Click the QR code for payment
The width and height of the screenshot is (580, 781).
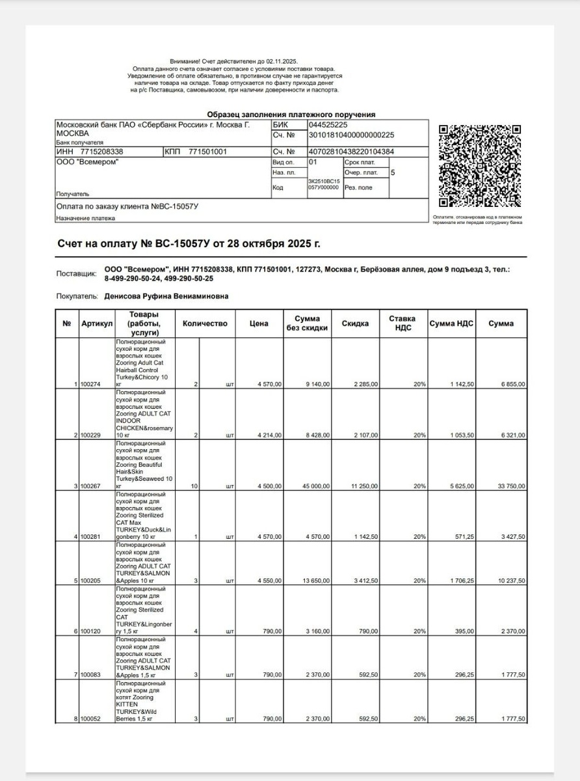coord(480,166)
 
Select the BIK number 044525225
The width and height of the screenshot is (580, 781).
coord(328,125)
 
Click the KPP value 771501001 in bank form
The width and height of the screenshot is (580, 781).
coord(207,152)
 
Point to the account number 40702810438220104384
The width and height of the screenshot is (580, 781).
coord(351,152)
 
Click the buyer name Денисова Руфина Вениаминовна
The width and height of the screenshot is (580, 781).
coord(166,296)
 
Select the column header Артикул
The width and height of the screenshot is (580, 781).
coord(97,323)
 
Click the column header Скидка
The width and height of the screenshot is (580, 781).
coord(356,323)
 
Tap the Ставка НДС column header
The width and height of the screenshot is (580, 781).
coord(403,323)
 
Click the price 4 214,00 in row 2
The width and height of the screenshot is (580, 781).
coord(269,435)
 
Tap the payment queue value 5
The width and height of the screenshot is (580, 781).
coord(393,172)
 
